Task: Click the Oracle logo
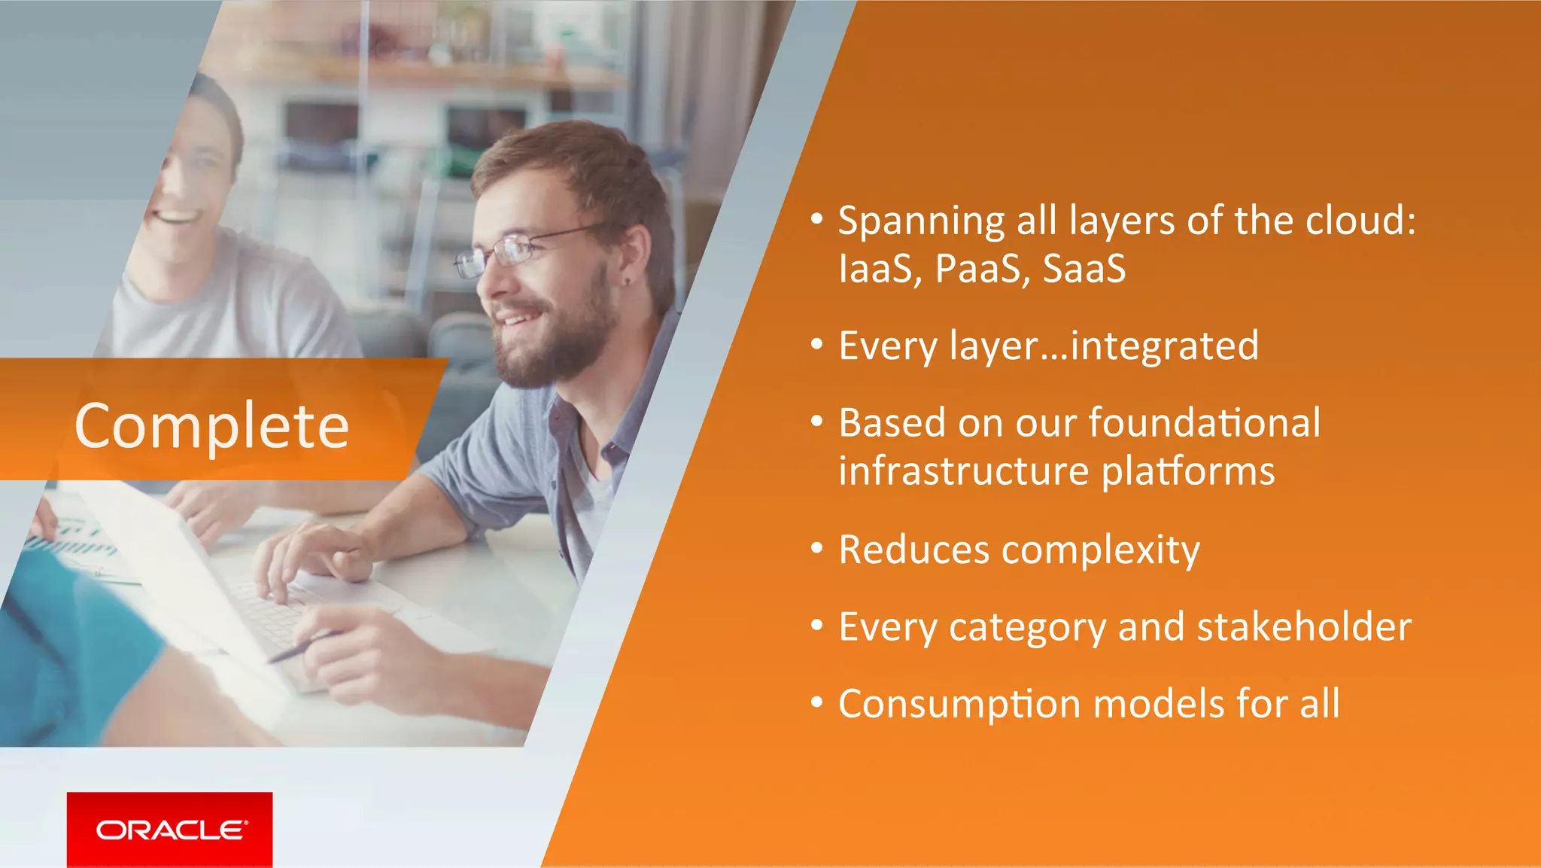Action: click(x=170, y=830)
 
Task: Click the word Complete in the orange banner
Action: click(x=212, y=426)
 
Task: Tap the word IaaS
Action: click(x=875, y=269)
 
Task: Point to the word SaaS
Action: click(x=1084, y=269)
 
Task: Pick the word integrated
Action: click(x=1164, y=346)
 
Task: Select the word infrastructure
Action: click(x=963, y=471)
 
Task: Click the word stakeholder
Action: click(x=1303, y=627)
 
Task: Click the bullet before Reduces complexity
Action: click(x=817, y=549)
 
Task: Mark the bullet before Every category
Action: click(x=817, y=626)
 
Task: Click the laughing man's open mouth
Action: click(x=175, y=218)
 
